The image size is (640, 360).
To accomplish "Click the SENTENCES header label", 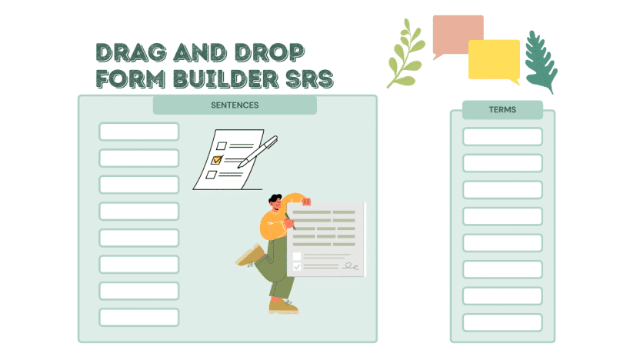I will tap(235, 105).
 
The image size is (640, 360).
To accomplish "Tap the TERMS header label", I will tap(502, 110).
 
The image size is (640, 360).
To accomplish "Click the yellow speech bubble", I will tap(494, 60).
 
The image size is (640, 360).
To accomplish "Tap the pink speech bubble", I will tap(458, 35).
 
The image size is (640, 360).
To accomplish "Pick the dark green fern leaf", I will tap(540, 62).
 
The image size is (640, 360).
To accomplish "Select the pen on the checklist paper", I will tap(258, 152).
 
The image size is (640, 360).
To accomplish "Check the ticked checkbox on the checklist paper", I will tap(217, 160).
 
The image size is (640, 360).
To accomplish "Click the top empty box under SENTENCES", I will tap(138, 132).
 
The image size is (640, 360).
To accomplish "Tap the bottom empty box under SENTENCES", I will tap(138, 317).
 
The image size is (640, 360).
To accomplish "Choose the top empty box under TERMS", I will tap(502, 136).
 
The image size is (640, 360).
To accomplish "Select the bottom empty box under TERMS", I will tap(502, 322).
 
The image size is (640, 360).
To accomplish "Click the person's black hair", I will tap(275, 199).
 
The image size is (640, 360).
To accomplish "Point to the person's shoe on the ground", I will tap(282, 306).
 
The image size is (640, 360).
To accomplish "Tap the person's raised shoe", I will tap(248, 257).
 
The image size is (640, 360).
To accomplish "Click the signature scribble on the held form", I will tap(351, 265).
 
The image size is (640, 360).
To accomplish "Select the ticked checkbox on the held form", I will tap(297, 266).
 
